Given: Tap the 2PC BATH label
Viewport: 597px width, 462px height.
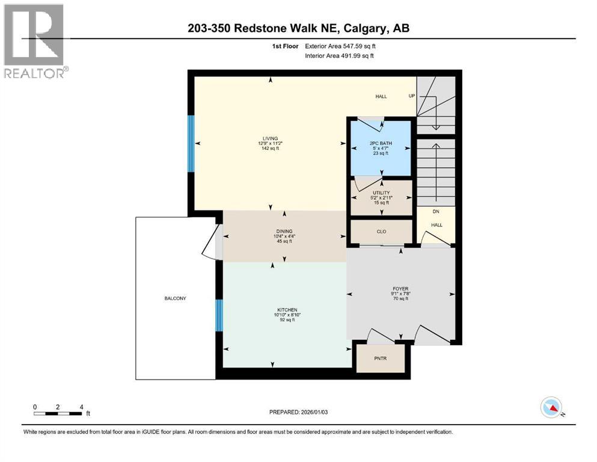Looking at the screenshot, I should click(x=381, y=143).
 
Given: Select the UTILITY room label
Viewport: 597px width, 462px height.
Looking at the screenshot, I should click(x=381, y=192).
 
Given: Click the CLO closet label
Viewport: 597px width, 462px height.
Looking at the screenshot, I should click(x=381, y=231).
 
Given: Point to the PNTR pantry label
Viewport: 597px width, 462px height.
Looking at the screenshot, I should click(x=380, y=359).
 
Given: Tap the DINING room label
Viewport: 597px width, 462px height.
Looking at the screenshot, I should click(x=284, y=231).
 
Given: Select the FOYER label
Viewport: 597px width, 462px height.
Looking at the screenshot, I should click(x=400, y=289).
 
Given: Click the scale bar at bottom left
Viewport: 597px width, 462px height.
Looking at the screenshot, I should click(x=58, y=413).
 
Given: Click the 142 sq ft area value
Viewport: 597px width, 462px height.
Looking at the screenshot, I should click(x=269, y=149).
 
